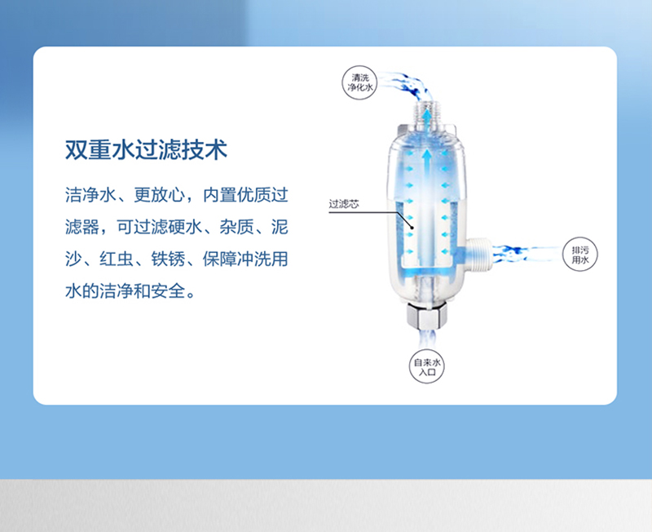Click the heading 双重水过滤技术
(x=146, y=149)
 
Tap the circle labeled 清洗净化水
(x=359, y=83)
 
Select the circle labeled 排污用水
(x=580, y=255)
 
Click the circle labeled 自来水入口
(x=426, y=366)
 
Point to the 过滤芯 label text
(x=344, y=204)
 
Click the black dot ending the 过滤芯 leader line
(x=412, y=228)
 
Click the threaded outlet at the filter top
(x=426, y=113)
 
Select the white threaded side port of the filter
(x=479, y=254)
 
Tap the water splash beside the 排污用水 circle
(x=526, y=252)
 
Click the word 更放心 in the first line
(x=159, y=195)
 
